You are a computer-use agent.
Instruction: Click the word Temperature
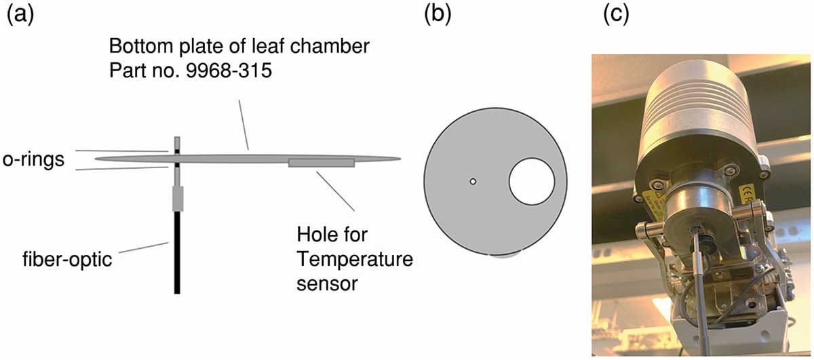[355, 259]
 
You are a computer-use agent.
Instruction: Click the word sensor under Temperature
[326, 283]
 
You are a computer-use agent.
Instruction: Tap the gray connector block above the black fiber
[177, 199]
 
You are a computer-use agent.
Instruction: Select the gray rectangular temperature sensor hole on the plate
[321, 163]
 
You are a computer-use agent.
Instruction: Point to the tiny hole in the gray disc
[473, 181]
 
